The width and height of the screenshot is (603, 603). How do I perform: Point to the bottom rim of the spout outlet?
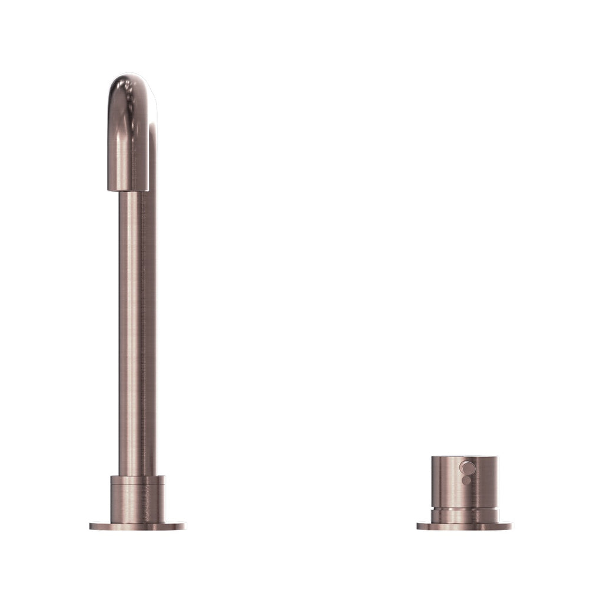point(128,190)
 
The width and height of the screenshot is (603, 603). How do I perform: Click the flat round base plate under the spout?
point(137,526)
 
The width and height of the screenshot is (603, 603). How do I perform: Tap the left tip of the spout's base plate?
point(91,526)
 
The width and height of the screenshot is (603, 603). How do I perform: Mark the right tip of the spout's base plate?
point(183,526)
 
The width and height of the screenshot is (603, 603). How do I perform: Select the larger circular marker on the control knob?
point(467,468)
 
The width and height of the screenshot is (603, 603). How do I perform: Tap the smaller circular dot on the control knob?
point(466,481)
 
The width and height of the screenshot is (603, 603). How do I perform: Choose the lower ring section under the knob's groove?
point(464,516)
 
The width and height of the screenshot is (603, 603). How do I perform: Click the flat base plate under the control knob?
point(464,526)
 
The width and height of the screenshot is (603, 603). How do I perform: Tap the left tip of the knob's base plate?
point(419,526)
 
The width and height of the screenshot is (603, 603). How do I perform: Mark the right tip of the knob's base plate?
point(509,526)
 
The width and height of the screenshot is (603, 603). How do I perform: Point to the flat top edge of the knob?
point(464,457)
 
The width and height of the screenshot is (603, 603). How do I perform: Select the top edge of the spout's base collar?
point(138,477)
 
